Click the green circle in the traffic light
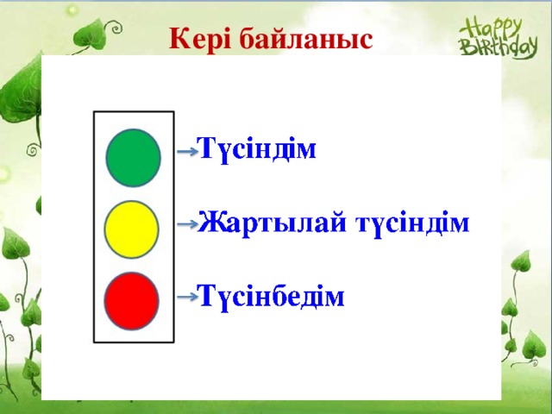pyautogui.click(x=134, y=158)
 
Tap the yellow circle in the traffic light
pyautogui.click(x=131, y=229)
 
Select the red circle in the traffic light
pyautogui.click(x=131, y=301)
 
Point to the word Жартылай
pyautogui.click(x=272, y=223)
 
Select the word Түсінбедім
pyautogui.click(x=270, y=296)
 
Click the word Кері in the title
pyautogui.click(x=200, y=39)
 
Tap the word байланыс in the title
pyautogui.click(x=306, y=39)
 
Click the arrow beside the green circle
pyautogui.click(x=187, y=152)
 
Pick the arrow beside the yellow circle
pyautogui.click(x=187, y=224)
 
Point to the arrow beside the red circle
pyautogui.click(x=187, y=297)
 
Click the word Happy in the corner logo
pyautogui.click(x=490, y=29)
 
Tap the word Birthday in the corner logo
pyautogui.click(x=499, y=47)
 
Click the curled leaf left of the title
pyautogui.click(x=91, y=35)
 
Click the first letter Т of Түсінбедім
pyautogui.click(x=207, y=295)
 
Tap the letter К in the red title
pyautogui.click(x=180, y=38)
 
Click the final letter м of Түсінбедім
pyautogui.click(x=335, y=298)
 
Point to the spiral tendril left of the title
pyautogui.click(x=115, y=27)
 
